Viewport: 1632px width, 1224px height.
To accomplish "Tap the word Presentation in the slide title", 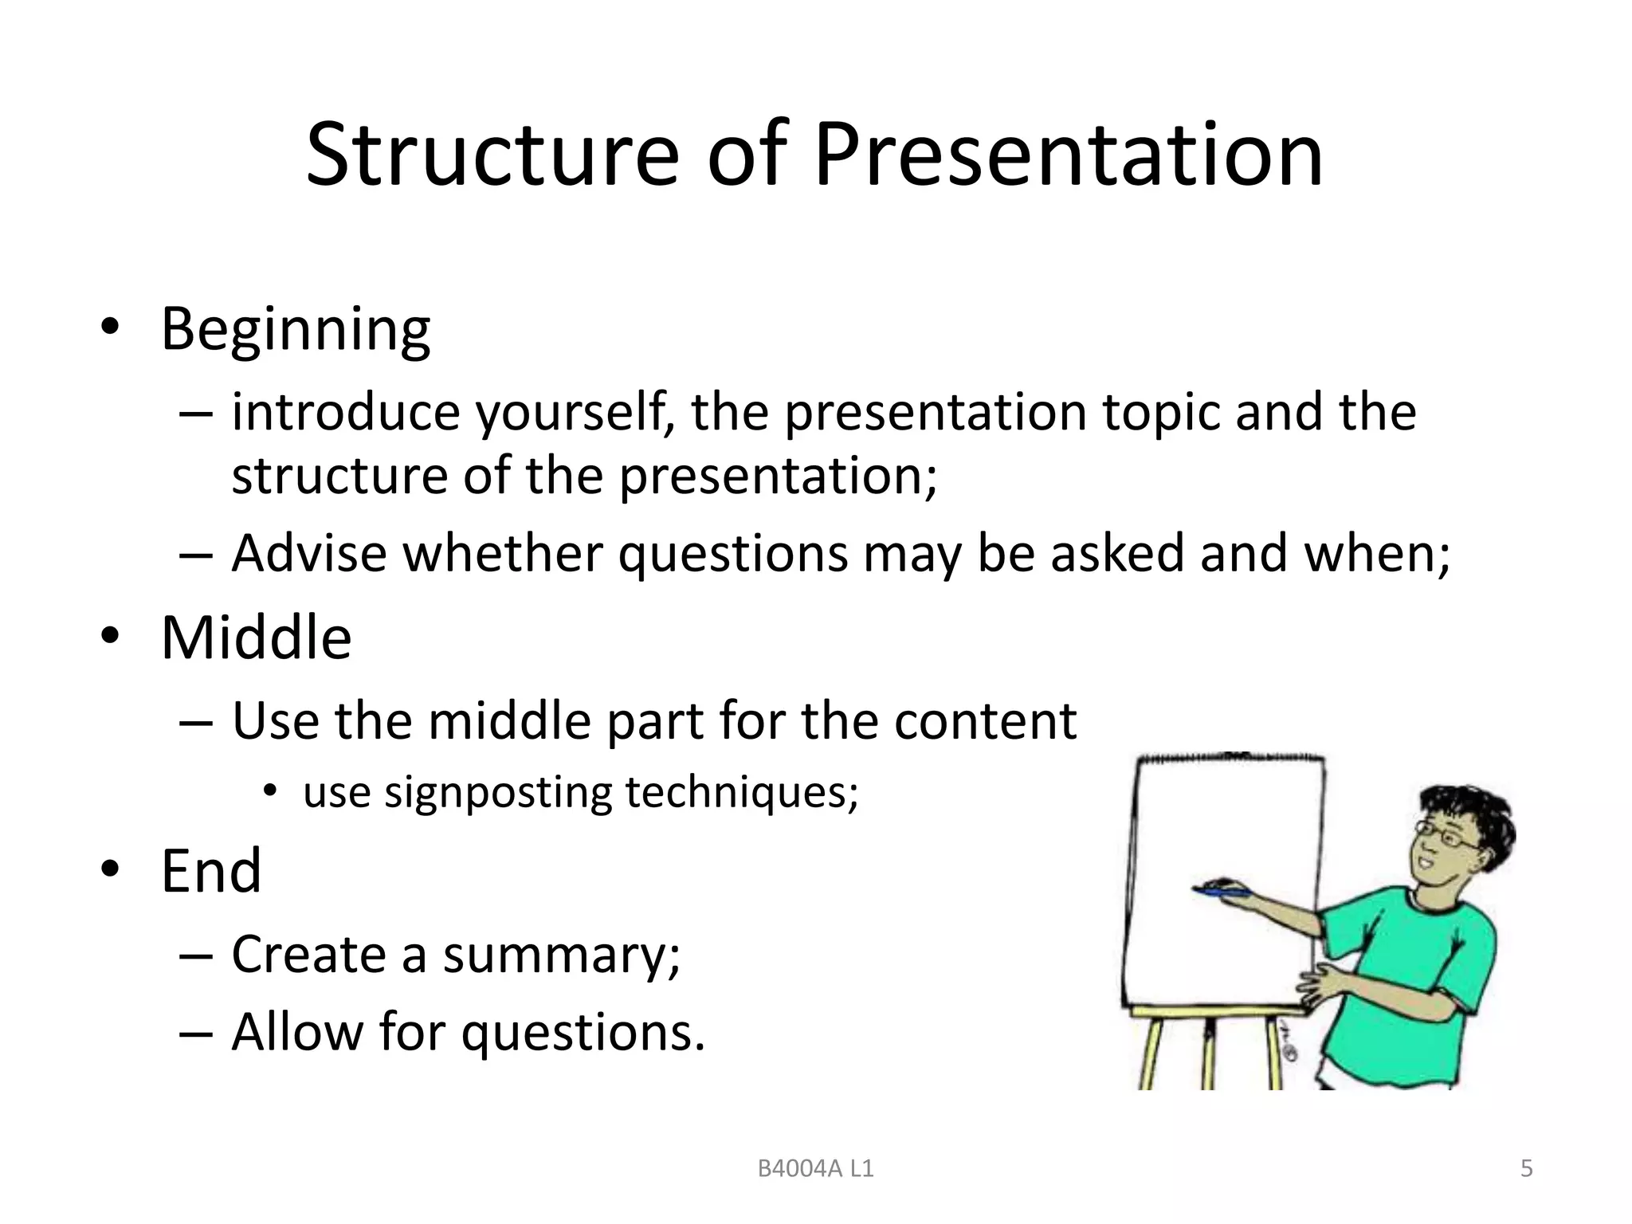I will tap(1068, 155).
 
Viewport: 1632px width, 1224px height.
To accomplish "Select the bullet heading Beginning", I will tap(296, 329).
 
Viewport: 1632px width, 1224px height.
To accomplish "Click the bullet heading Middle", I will tap(256, 638).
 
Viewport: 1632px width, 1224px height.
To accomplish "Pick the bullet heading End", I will tap(211, 871).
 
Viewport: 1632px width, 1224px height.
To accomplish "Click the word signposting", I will tap(497, 794).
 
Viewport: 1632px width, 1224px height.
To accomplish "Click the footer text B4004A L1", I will tap(815, 1169).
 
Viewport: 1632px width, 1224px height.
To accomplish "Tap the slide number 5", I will tap(1527, 1169).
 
